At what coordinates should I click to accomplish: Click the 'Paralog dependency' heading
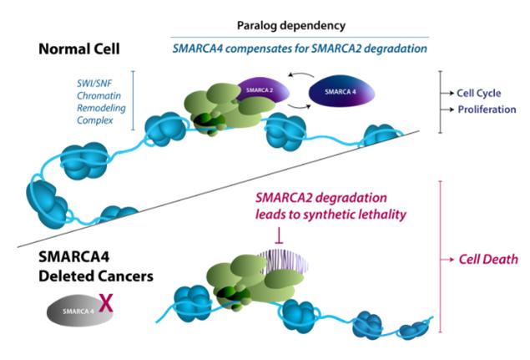pyautogui.click(x=291, y=26)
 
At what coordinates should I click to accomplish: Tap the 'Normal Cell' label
pyautogui.click(x=79, y=49)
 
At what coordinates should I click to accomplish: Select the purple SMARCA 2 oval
pyautogui.click(x=263, y=90)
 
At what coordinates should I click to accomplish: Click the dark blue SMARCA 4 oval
pyautogui.click(x=341, y=91)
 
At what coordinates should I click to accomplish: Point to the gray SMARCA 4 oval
pyautogui.click(x=79, y=311)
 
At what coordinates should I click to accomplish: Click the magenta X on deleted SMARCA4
pyautogui.click(x=106, y=303)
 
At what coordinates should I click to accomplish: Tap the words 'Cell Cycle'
pyautogui.click(x=478, y=93)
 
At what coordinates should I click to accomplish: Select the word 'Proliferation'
pyautogui.click(x=487, y=109)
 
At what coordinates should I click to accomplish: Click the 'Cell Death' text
pyautogui.click(x=488, y=260)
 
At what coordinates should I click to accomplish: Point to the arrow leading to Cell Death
pyautogui.click(x=447, y=260)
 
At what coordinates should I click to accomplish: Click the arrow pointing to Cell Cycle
pyautogui.click(x=447, y=93)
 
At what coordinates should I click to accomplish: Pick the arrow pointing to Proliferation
pyautogui.click(x=447, y=109)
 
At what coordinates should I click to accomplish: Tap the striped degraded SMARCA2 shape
pyautogui.click(x=284, y=262)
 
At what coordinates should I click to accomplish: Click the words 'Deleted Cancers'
pyautogui.click(x=96, y=276)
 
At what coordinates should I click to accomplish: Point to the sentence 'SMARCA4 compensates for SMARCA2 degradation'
pyautogui.click(x=300, y=48)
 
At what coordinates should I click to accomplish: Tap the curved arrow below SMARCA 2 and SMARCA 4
pyautogui.click(x=299, y=107)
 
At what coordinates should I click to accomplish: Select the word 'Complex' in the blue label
pyautogui.click(x=94, y=120)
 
